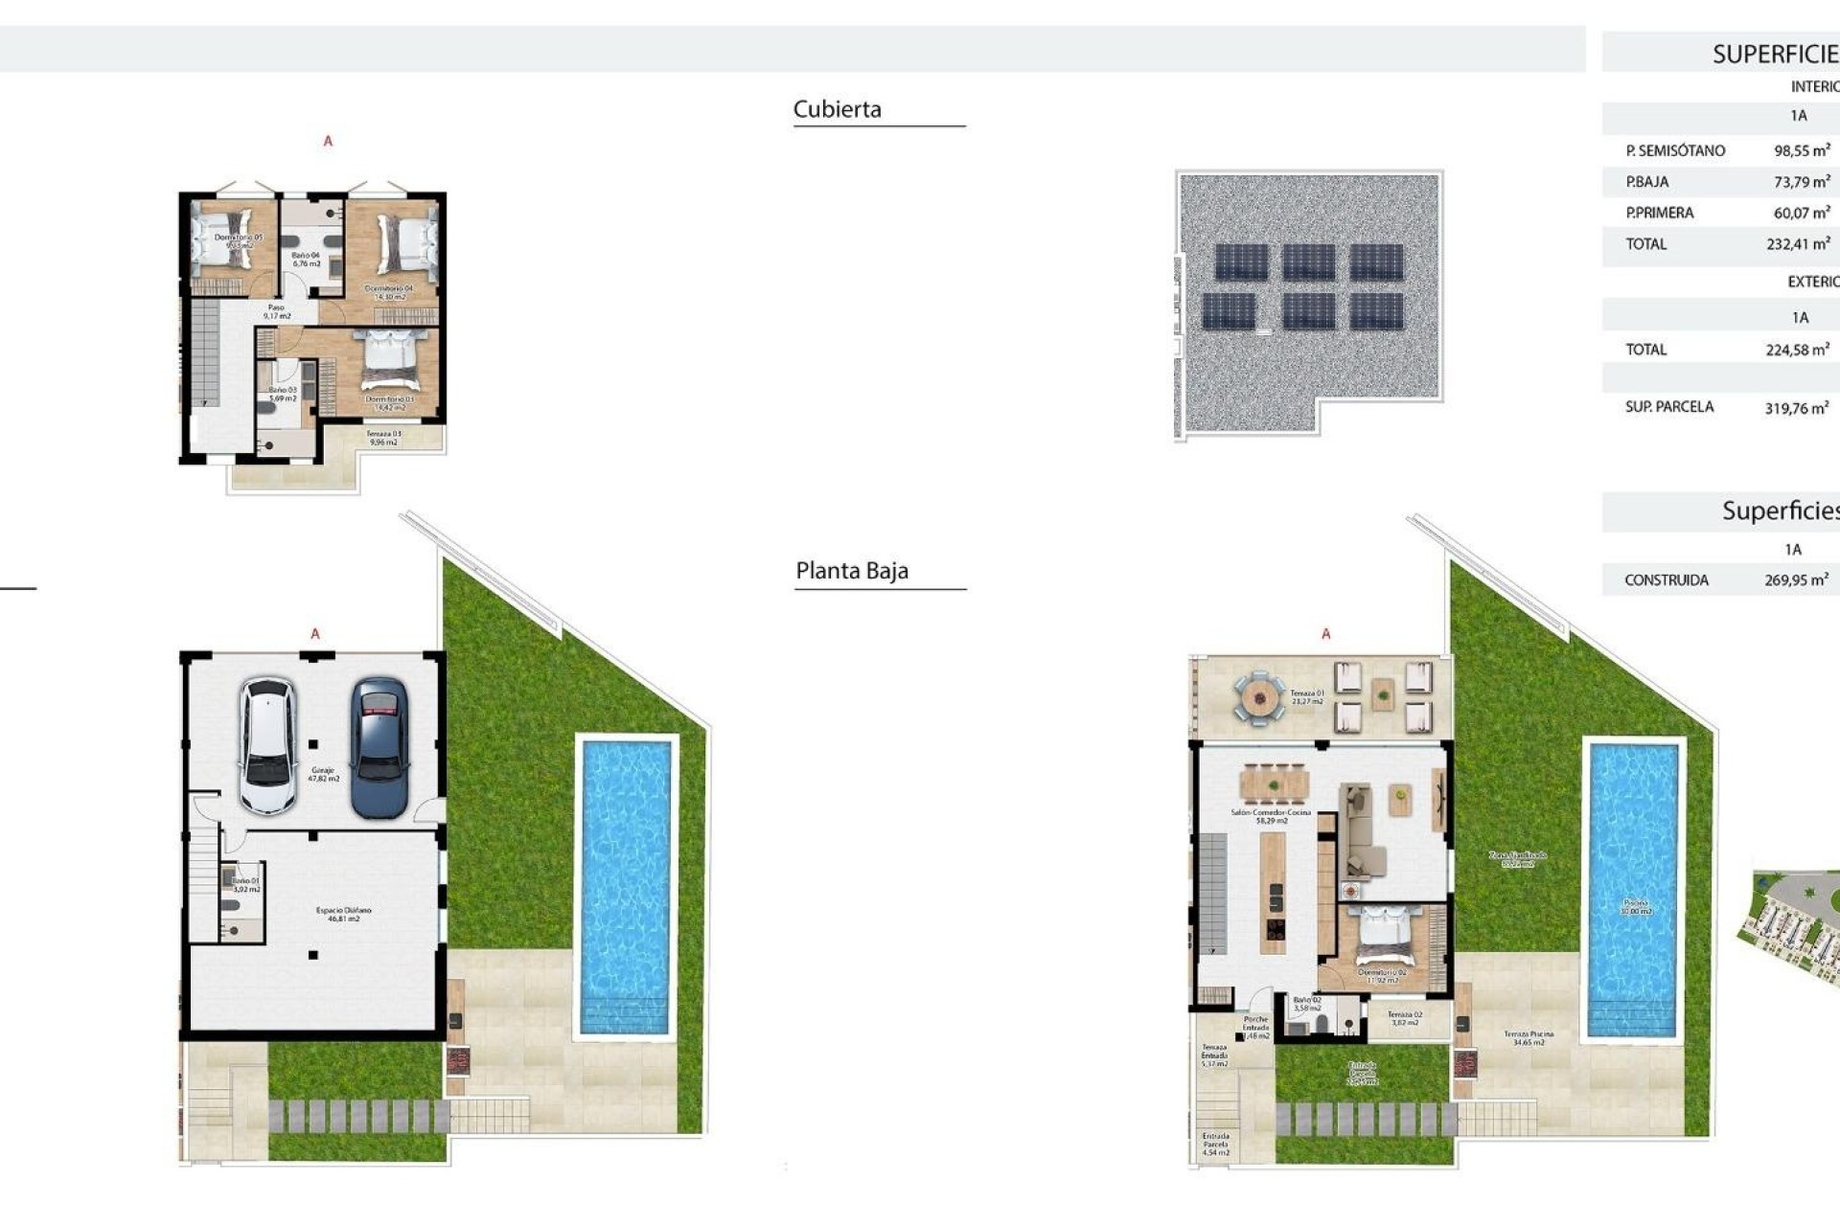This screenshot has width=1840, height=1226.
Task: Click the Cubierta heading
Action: pyautogui.click(x=837, y=109)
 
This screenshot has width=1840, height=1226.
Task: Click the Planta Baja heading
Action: pyautogui.click(x=851, y=571)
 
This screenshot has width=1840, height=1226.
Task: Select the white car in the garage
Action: pyautogui.click(x=267, y=746)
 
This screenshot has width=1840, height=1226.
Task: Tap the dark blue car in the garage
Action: pyautogui.click(x=379, y=748)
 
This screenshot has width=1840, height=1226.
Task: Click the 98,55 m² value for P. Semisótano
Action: pyautogui.click(x=1802, y=150)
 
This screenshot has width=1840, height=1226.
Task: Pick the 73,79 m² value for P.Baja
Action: pyautogui.click(x=1802, y=182)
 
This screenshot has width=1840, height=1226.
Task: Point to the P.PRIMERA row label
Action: pyautogui.click(x=1659, y=213)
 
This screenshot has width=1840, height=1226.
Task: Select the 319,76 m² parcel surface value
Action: pyautogui.click(x=1796, y=408)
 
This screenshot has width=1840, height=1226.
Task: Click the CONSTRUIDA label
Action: pyautogui.click(x=1666, y=580)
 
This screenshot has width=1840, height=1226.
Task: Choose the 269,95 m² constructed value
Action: pyautogui.click(x=1796, y=580)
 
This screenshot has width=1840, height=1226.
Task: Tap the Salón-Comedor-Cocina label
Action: pyautogui.click(x=1271, y=815)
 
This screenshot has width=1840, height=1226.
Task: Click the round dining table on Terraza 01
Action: pyautogui.click(x=1257, y=697)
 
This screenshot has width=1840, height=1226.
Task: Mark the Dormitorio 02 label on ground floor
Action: pyautogui.click(x=1382, y=976)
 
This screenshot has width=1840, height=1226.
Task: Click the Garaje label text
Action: pyautogui.click(x=323, y=773)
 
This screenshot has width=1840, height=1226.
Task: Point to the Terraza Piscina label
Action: pyautogui.click(x=1528, y=1037)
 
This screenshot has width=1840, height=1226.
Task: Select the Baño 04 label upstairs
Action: pyautogui.click(x=306, y=259)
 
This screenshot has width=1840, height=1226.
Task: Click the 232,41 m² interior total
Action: pyautogui.click(x=1798, y=244)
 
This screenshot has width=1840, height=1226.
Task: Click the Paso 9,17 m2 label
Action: pyautogui.click(x=276, y=311)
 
